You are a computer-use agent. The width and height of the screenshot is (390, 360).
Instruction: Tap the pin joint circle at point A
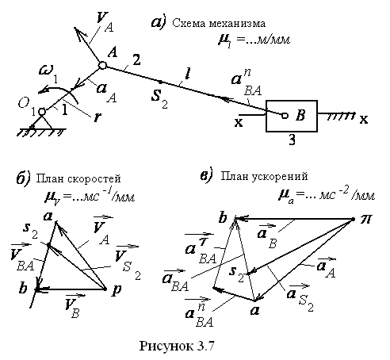click(x=102, y=65)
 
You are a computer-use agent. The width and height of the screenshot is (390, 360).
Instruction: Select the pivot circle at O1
click(x=42, y=112)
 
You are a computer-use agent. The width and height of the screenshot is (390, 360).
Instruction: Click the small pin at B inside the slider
click(x=285, y=116)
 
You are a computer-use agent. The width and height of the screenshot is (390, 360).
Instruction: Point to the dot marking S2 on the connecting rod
click(x=160, y=82)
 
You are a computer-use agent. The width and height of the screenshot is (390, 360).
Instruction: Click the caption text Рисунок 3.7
click(x=177, y=346)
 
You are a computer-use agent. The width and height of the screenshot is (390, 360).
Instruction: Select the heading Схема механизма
click(x=219, y=24)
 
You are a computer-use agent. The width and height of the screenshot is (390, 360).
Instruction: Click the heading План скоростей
click(x=78, y=179)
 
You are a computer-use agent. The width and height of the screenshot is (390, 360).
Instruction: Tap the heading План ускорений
click(x=264, y=176)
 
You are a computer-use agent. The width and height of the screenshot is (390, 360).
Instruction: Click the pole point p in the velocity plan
click(x=105, y=289)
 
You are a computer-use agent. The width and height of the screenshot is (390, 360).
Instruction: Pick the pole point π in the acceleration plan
click(x=353, y=219)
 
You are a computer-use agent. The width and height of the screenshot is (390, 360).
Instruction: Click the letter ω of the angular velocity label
click(x=45, y=71)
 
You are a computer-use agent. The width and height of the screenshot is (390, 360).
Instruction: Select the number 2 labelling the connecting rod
click(x=136, y=59)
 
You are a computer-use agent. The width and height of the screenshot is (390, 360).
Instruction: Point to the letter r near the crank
click(x=97, y=117)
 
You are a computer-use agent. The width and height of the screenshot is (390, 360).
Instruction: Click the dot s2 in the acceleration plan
click(x=248, y=273)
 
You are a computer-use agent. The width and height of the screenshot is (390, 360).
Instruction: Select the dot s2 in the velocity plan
click(x=48, y=245)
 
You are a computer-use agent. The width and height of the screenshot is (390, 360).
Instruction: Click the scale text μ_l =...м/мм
click(x=254, y=40)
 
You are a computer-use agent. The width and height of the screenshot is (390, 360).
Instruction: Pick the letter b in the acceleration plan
click(x=223, y=218)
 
